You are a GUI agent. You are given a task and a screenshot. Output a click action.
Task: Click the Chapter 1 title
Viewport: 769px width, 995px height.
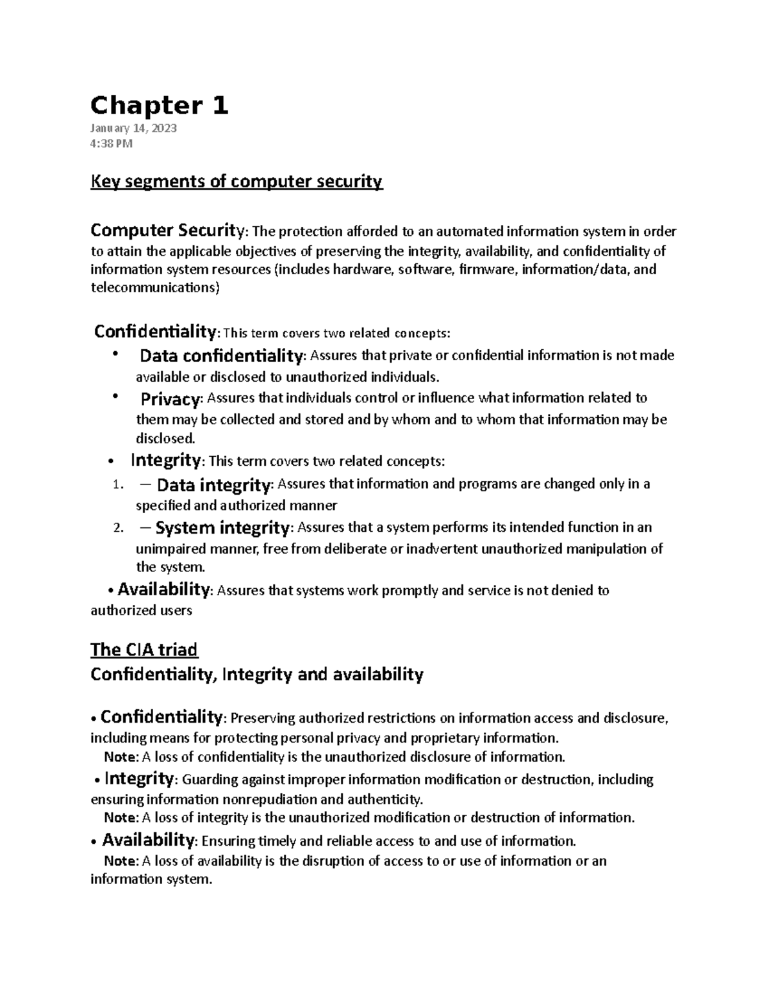tap(160, 106)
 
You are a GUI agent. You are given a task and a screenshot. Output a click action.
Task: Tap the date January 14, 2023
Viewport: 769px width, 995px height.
tap(133, 128)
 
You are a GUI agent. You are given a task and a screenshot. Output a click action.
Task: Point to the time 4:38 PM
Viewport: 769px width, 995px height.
tap(112, 144)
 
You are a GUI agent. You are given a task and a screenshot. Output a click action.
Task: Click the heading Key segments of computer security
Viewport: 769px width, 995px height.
tap(236, 182)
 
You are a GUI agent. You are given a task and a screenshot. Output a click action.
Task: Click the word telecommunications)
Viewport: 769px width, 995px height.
tap(154, 288)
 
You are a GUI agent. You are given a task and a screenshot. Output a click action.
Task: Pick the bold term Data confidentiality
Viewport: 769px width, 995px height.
tap(220, 356)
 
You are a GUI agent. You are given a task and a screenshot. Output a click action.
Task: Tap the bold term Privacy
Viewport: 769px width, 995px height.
tap(170, 399)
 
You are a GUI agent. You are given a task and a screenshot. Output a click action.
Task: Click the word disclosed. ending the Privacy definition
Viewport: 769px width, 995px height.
tap(165, 439)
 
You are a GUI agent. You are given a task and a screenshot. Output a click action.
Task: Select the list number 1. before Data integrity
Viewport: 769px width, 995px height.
tap(116, 486)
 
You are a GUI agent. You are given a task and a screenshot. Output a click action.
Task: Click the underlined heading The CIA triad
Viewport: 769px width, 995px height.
tap(144, 650)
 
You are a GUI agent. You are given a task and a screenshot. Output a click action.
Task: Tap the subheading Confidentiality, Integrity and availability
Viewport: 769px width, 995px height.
tap(257, 675)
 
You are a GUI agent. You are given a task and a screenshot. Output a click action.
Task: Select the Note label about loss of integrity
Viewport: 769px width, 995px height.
tap(120, 818)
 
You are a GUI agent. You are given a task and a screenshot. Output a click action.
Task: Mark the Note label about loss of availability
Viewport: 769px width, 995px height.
tap(120, 861)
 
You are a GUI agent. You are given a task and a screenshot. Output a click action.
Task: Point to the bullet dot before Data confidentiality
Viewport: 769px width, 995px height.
tap(115, 354)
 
